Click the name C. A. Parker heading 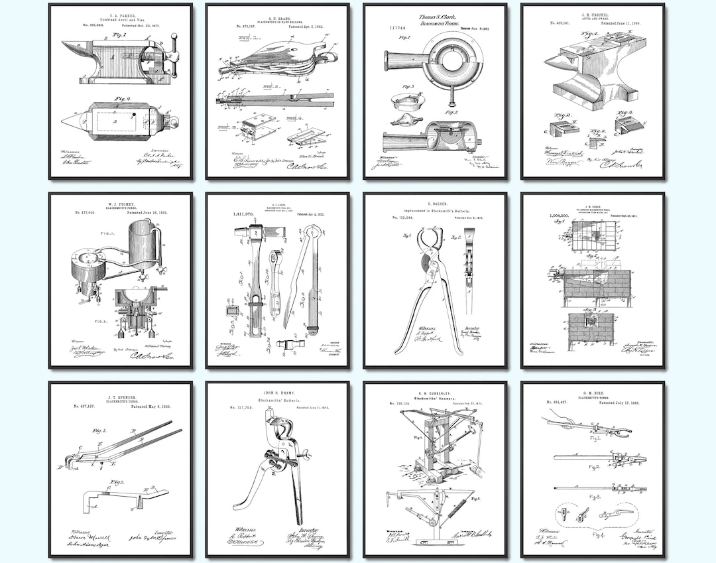(x=120, y=15)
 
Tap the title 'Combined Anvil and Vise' (x=120, y=21)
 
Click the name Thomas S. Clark (x=435, y=16)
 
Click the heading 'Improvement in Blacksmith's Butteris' (x=435, y=212)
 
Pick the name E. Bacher (x=435, y=204)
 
